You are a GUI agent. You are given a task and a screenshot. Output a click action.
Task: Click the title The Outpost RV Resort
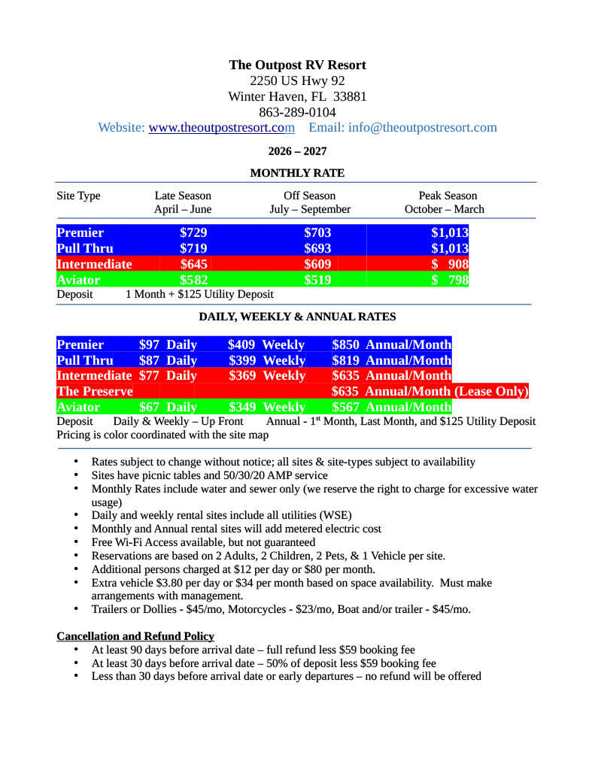297,65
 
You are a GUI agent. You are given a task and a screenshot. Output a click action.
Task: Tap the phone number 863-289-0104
297,112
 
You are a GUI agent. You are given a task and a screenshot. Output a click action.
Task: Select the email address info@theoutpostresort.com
422,128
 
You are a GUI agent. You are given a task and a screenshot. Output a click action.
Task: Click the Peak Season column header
448,196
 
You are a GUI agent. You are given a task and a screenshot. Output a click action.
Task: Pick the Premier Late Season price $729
193,233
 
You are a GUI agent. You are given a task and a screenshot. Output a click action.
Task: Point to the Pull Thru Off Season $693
317,248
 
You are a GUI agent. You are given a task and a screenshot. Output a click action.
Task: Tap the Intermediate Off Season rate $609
317,264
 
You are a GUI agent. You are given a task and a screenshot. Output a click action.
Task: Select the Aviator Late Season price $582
193,280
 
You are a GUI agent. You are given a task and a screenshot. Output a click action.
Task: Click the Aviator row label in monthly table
78,280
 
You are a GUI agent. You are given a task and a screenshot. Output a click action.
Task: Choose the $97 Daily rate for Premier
168,345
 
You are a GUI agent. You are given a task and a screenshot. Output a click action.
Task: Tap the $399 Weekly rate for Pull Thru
266,361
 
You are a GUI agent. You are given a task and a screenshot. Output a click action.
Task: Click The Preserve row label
94,392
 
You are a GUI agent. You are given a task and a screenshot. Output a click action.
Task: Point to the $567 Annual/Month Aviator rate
391,408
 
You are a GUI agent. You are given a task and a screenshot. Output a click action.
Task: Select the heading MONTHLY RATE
297,174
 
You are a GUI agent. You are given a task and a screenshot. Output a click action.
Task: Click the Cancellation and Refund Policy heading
135,636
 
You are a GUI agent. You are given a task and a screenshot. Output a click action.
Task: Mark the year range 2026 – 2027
297,151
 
